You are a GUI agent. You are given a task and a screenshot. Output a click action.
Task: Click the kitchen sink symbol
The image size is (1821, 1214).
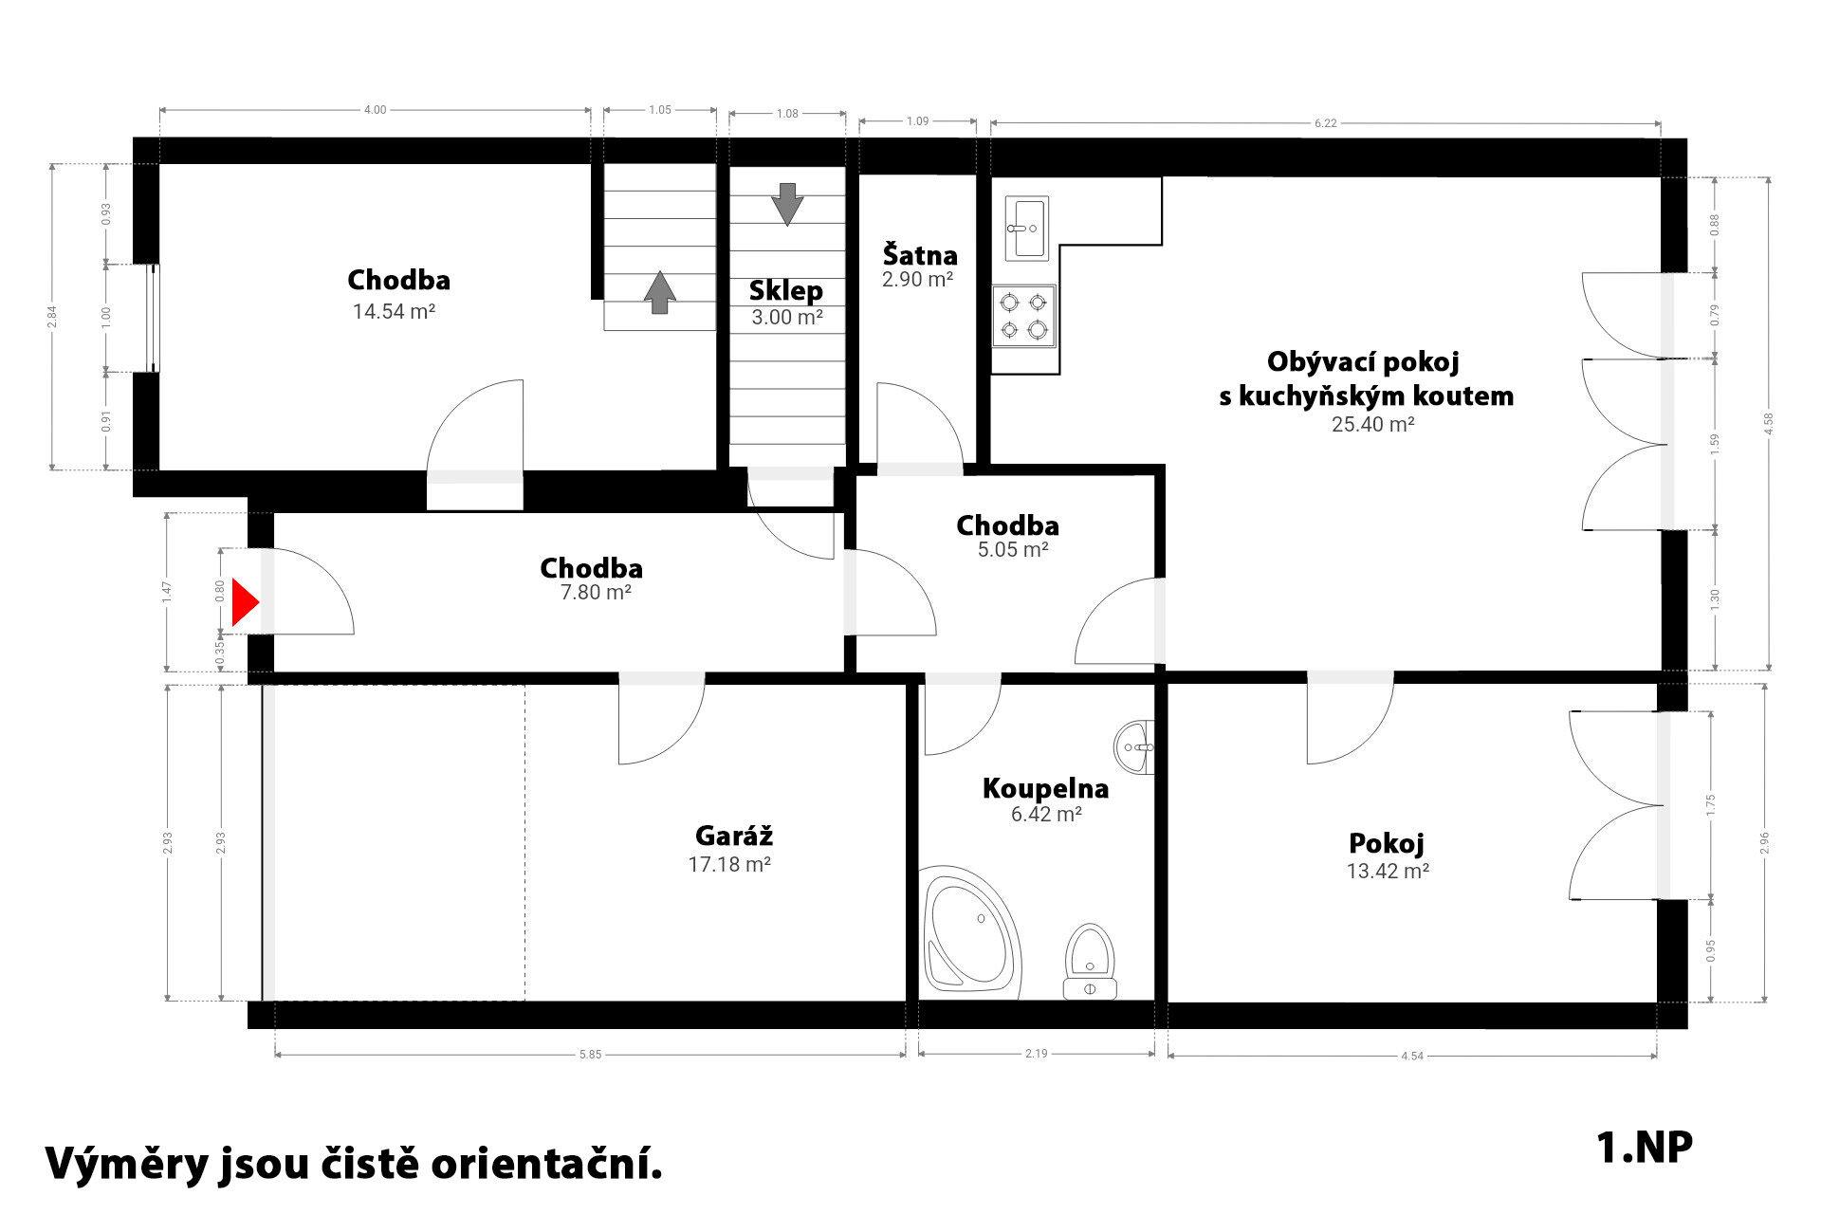[x=1025, y=229]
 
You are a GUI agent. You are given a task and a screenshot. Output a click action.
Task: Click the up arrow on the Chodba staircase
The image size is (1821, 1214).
[x=660, y=292]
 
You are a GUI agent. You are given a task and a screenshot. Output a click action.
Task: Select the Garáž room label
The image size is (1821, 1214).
[x=734, y=836]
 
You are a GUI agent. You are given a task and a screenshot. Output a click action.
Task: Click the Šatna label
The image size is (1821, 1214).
[x=920, y=255]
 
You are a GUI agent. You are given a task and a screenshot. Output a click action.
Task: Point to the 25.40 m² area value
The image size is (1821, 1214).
[x=1373, y=424]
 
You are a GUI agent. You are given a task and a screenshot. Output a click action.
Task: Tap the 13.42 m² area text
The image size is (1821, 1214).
[x=1389, y=871]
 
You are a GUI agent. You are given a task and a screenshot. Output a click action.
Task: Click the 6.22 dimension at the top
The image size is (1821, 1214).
[x=1326, y=123]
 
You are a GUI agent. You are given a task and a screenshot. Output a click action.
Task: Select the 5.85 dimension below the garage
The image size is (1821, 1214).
[x=590, y=1055]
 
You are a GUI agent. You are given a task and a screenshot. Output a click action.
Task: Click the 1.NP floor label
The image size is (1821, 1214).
[x=1645, y=1148]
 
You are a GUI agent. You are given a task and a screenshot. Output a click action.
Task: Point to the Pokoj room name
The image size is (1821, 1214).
[x=1387, y=843]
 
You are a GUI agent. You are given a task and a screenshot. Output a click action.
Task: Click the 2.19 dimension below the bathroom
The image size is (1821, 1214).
[x=1037, y=1055]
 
